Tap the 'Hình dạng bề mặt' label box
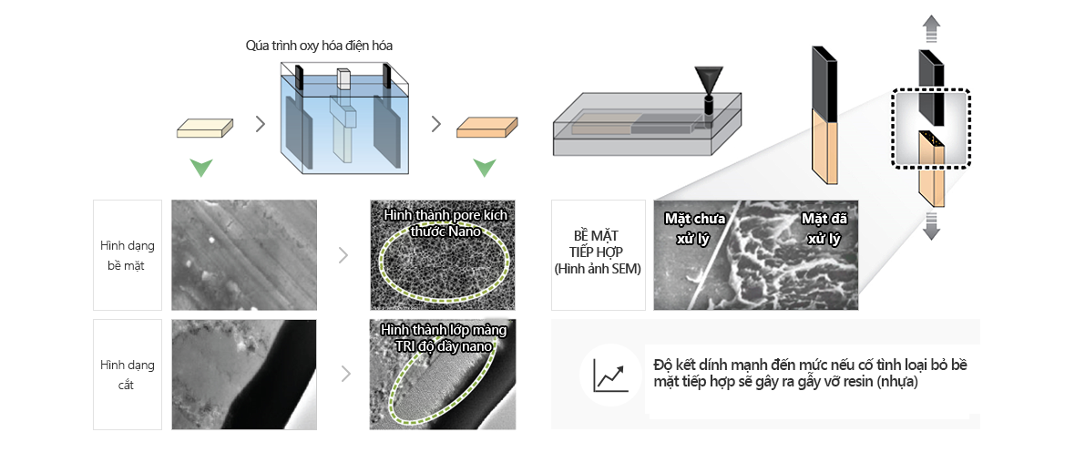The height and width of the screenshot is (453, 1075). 127,255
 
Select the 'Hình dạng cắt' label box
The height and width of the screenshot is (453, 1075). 127,374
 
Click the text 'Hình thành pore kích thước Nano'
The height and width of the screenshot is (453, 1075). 444,222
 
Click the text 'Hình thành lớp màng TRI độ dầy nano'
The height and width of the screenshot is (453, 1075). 444,337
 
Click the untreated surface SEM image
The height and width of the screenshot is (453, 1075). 244,255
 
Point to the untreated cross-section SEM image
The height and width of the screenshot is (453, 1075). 244,374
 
